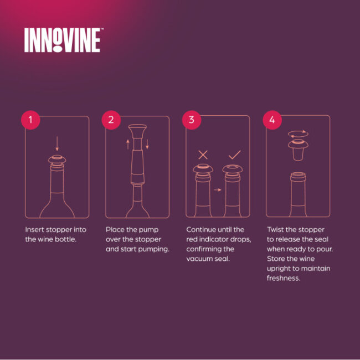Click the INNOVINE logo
pos(62,40)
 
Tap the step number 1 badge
pos(30,120)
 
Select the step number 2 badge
pos(111,120)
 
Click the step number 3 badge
pos(191,120)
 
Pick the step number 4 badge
pos(271,120)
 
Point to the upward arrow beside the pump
pos(127,145)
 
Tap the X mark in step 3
pos(203,155)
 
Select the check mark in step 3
pos(234,155)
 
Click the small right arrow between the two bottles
pos(218,189)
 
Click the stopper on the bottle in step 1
pos(56,161)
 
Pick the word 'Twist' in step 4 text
pos(276,229)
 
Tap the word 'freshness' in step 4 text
pos(284,279)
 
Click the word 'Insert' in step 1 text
pos(34,229)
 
